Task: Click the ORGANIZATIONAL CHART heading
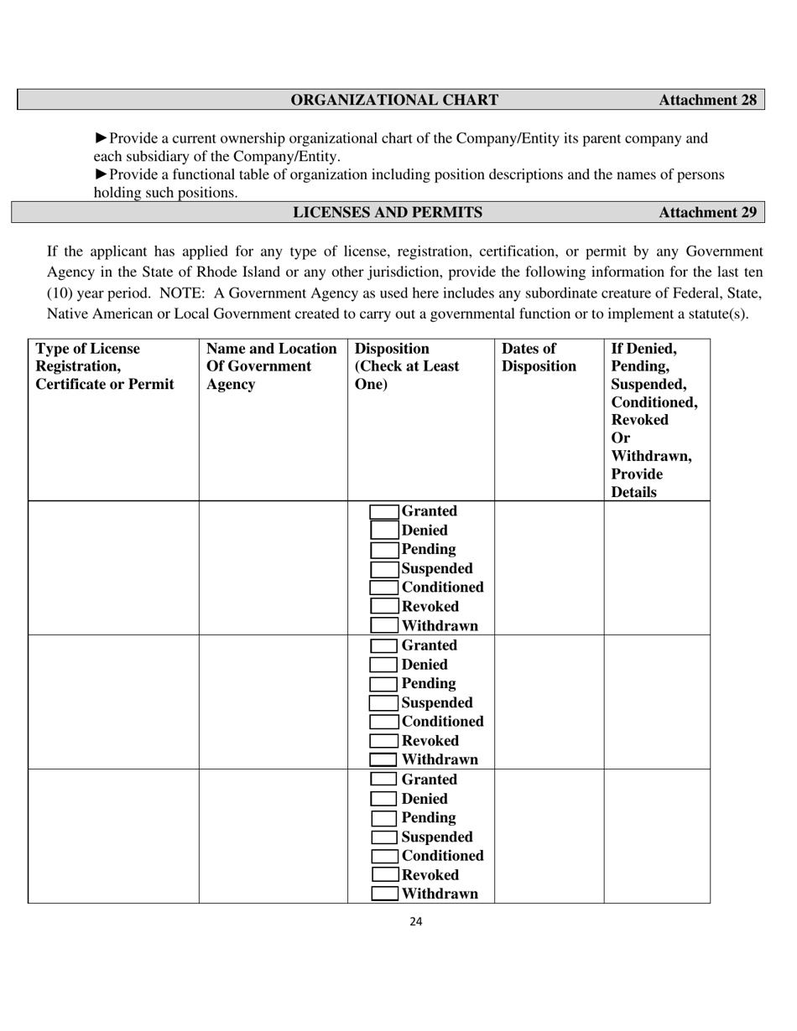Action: pyautogui.click(x=394, y=100)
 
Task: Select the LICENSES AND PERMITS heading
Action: pyautogui.click(x=387, y=212)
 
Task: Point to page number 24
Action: pyautogui.click(x=416, y=922)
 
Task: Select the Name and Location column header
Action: pyautogui.click(x=271, y=366)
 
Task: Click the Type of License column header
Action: pyautogui.click(x=105, y=366)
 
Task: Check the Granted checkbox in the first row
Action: pyautogui.click(x=384, y=511)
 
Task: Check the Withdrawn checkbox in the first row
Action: pyautogui.click(x=384, y=625)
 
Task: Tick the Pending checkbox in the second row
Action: pyautogui.click(x=384, y=684)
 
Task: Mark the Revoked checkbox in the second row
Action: pyautogui.click(x=384, y=741)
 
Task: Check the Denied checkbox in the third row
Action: pyautogui.click(x=384, y=799)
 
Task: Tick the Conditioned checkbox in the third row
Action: pyautogui.click(x=384, y=856)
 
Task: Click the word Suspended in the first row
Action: pyautogui.click(x=436, y=568)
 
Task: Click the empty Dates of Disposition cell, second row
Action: pyautogui.click(x=549, y=702)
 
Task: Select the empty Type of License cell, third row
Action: pyautogui.click(x=113, y=836)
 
